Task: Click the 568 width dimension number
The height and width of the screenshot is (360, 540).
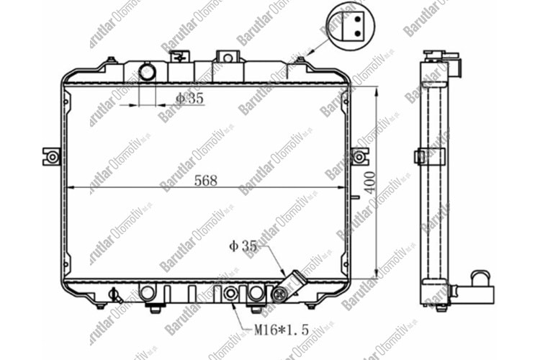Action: tap(205, 181)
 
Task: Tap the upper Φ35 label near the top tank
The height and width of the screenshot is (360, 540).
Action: tap(189, 99)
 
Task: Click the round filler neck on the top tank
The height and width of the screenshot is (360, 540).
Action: tap(147, 72)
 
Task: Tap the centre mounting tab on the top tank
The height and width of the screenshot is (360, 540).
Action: tap(226, 58)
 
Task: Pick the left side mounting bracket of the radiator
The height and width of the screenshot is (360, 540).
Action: tap(52, 156)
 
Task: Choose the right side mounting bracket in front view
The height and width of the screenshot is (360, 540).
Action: tap(360, 156)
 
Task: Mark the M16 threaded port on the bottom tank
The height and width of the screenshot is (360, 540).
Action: tap(230, 293)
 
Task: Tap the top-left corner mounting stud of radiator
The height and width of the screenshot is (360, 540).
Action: tap(111, 61)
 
